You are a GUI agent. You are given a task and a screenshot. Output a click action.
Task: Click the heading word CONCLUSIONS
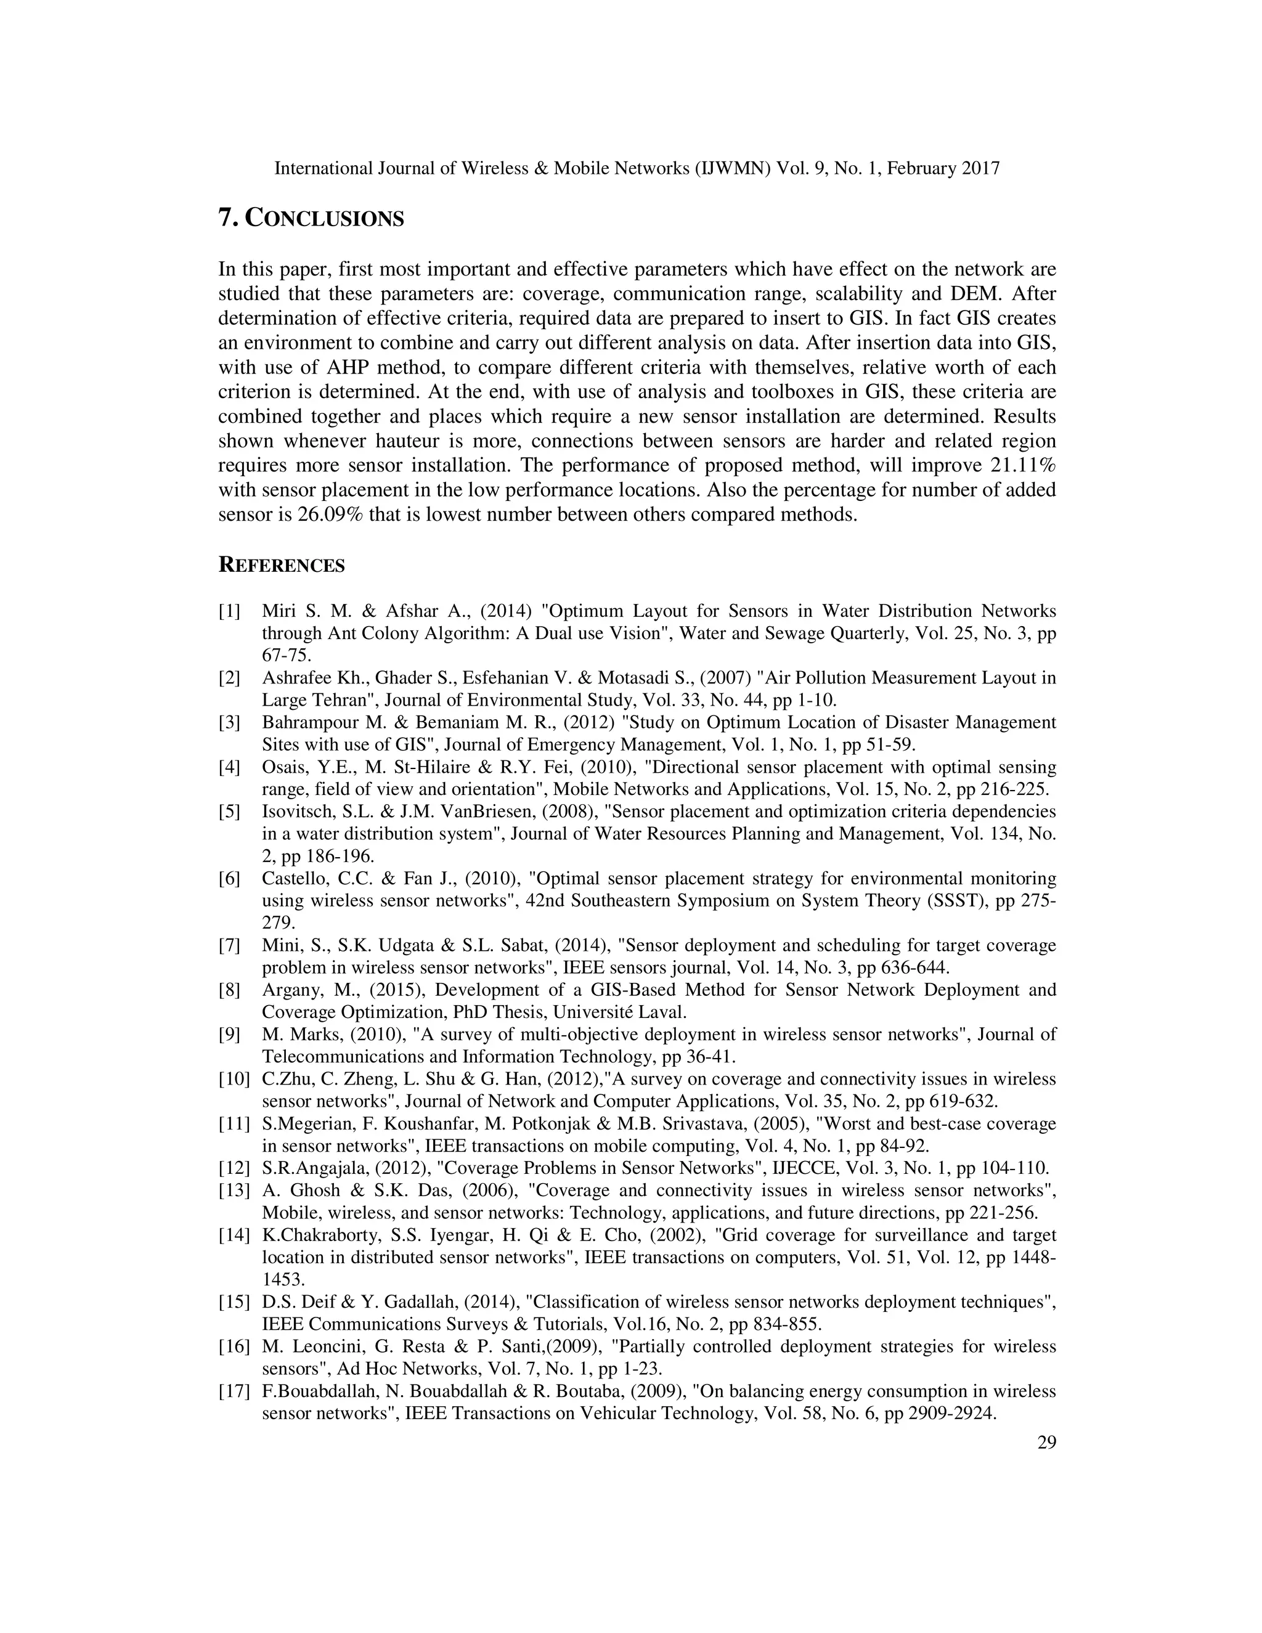click(x=325, y=219)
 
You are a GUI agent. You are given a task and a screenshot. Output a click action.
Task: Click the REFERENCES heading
click(x=281, y=566)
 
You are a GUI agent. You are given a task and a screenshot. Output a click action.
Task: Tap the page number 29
click(x=1047, y=1443)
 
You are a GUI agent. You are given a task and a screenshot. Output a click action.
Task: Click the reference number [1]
click(x=229, y=612)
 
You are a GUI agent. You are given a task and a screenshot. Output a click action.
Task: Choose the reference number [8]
click(x=229, y=990)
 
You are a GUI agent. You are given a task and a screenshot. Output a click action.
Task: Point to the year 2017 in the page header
click(x=980, y=169)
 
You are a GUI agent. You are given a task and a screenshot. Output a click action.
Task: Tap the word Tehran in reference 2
click(x=348, y=701)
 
